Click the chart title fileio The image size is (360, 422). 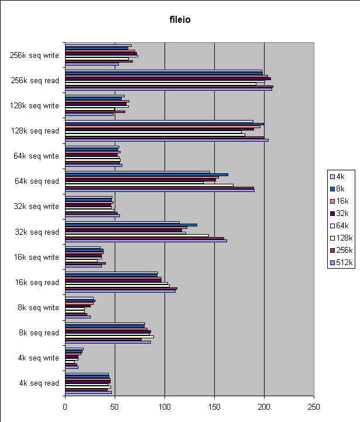pos(180,20)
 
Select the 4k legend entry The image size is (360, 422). pos(340,176)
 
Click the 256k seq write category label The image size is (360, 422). pos(35,56)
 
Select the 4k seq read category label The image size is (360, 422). pos(39,383)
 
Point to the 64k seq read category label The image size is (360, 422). pos(37,181)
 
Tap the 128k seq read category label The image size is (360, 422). pos(35,131)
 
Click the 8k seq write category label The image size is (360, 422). pos(38,307)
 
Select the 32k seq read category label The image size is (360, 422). pos(37,232)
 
